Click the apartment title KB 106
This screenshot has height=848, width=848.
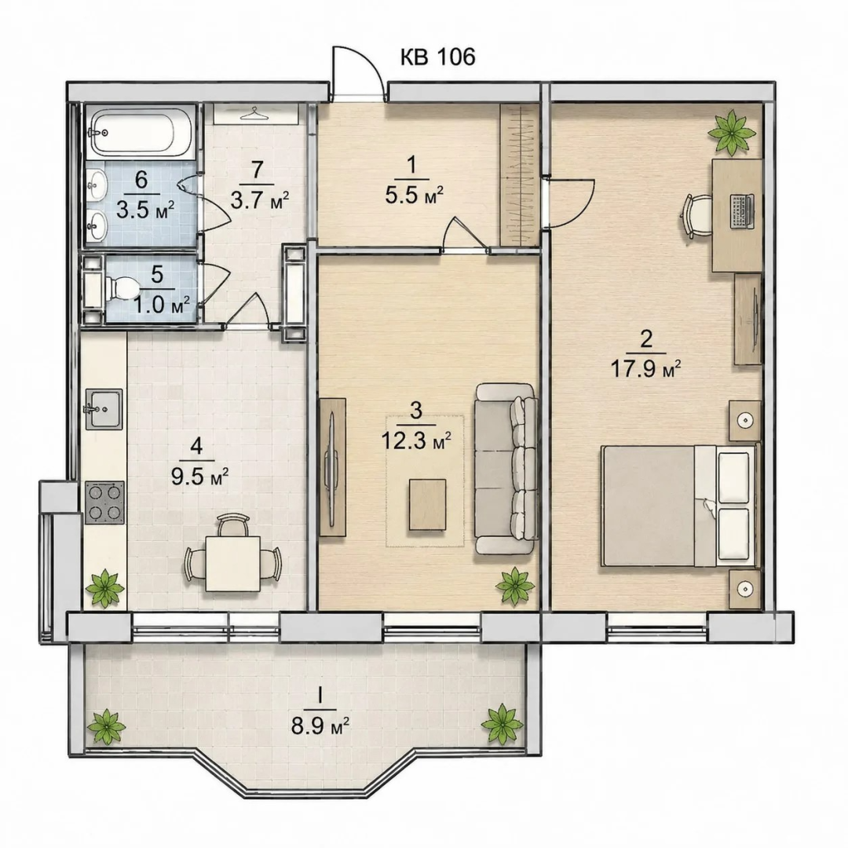coord(437,57)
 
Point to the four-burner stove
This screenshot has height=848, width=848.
coord(104,502)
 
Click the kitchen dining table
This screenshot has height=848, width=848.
coord(232,564)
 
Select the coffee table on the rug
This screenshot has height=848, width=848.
coord(427,505)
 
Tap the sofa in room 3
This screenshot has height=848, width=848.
coord(506,468)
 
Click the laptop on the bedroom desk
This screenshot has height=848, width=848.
coord(741,211)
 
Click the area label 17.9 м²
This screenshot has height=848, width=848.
coord(645,370)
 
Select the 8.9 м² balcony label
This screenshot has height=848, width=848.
coord(320,726)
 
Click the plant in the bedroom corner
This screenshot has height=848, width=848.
coord(732,131)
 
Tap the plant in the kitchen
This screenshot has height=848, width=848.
coord(106,588)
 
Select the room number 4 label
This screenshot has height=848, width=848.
coord(196,447)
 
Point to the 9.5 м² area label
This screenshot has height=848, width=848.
coord(199,477)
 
